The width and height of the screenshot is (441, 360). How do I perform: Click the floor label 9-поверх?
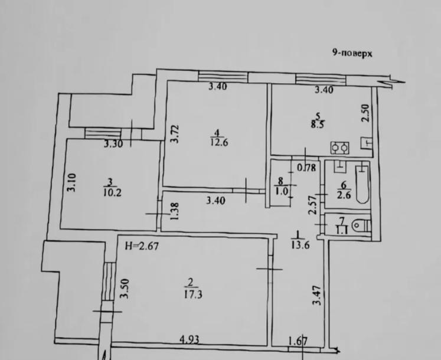coord(352,53)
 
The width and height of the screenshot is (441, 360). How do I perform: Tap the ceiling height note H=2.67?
coord(142,246)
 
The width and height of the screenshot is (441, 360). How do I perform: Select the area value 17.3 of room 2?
coord(193,294)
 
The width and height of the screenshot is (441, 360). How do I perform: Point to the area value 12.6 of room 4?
coord(219,142)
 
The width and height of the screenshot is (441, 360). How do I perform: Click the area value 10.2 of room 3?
coord(113,192)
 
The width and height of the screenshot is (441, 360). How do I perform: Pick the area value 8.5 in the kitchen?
coord(317,124)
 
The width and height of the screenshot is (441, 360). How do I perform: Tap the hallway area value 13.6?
coord(300,245)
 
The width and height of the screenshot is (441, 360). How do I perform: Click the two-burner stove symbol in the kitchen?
coord(339,148)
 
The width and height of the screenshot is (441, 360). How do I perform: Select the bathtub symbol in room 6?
coord(362,184)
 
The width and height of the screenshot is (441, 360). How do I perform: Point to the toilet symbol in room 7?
coord(362,225)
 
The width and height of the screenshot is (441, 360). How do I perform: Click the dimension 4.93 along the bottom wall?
coord(190,339)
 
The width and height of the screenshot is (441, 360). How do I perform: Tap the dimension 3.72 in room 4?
coord(175,134)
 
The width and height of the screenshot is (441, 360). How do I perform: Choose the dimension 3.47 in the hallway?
coord(317,295)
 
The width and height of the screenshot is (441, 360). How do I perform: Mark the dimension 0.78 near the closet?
coord(307,168)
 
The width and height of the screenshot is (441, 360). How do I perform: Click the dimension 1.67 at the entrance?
coord(298,341)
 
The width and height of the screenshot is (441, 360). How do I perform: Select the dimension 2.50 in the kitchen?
coord(365,113)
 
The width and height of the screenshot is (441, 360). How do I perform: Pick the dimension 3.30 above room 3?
coord(113,144)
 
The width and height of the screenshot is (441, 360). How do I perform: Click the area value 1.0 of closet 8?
coord(282,192)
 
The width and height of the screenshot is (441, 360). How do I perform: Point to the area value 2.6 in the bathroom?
coord(344,195)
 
